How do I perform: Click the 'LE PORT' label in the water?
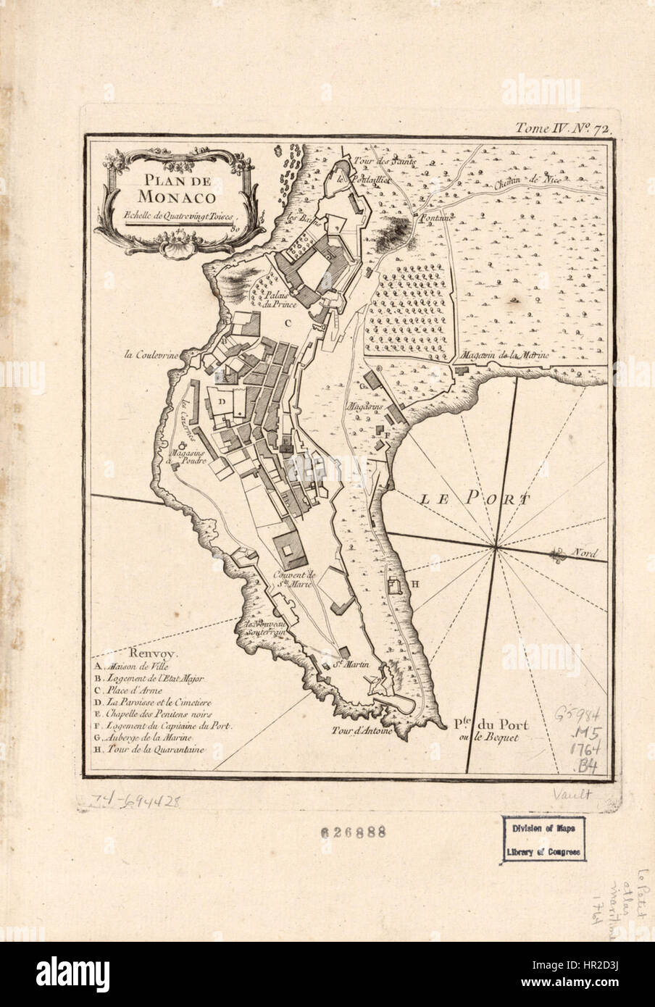pos(475,498)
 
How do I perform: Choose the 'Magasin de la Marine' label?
pos(505,356)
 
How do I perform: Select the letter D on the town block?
pos(224,399)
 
